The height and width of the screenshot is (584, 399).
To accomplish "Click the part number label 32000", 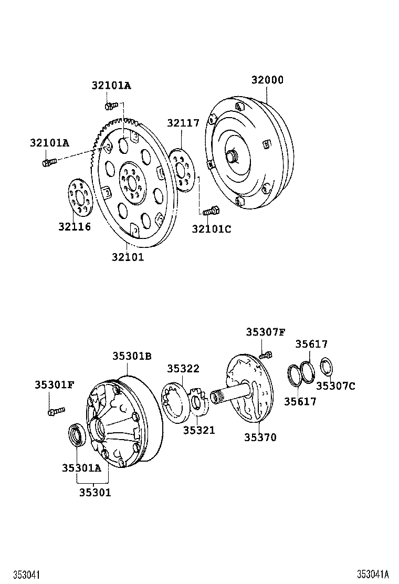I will (x=267, y=80).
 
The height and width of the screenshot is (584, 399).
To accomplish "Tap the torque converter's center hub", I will (x=232, y=157).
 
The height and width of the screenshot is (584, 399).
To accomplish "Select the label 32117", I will (x=183, y=123).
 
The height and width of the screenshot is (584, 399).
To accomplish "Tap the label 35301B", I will (x=132, y=356).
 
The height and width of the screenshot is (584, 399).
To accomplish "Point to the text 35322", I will (x=183, y=369).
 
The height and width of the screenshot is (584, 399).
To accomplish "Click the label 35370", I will (x=260, y=437).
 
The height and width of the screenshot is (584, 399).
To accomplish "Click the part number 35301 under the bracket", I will (x=95, y=493).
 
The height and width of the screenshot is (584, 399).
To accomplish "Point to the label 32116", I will (x=75, y=227).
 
